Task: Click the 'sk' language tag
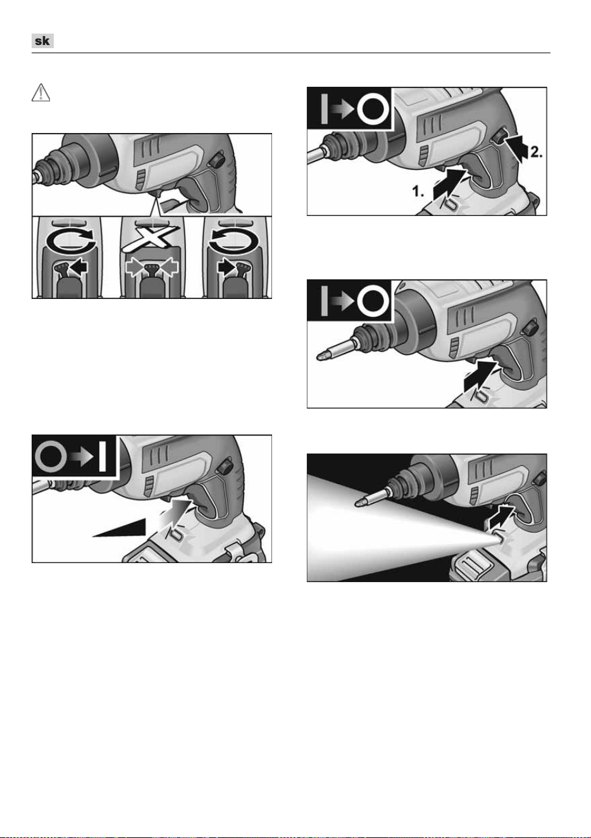42,41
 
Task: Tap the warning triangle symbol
40,92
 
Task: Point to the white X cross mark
151,238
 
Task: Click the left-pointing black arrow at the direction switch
79,267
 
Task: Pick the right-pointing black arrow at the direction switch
227,267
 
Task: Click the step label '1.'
418,191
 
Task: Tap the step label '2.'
537,152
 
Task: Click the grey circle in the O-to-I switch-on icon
51,457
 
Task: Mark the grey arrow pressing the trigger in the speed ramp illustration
175,516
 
